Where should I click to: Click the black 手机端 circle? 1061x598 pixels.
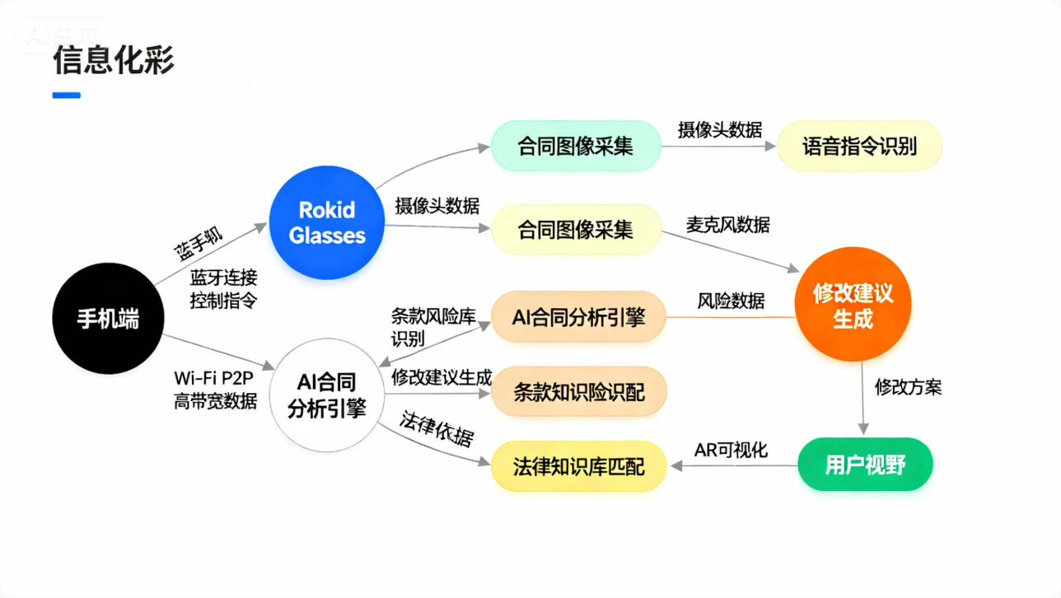tap(108, 319)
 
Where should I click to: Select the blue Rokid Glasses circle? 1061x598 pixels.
tap(327, 222)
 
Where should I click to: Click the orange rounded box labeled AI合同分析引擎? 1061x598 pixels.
tap(578, 317)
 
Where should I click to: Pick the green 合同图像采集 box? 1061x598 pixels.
tap(576, 147)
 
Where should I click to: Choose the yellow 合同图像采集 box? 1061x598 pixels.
tap(576, 229)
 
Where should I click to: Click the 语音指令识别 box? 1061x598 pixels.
tap(859, 147)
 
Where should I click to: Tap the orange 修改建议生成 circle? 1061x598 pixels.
tap(853, 306)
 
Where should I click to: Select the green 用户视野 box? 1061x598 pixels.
tap(865, 465)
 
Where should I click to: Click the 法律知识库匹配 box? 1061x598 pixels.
tap(578, 467)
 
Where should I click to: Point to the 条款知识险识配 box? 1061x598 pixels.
tap(578, 392)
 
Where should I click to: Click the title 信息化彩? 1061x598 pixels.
tap(114, 60)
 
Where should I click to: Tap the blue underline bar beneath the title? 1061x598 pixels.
tap(67, 96)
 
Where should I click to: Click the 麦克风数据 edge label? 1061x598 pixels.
tap(728, 224)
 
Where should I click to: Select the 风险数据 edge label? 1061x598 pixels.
tap(731, 301)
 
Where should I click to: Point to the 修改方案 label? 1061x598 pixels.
tap(908, 387)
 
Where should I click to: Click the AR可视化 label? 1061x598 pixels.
tap(731, 450)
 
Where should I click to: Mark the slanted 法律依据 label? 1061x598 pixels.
tap(437, 428)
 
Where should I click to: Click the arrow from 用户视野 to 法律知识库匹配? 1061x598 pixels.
tap(733, 466)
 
